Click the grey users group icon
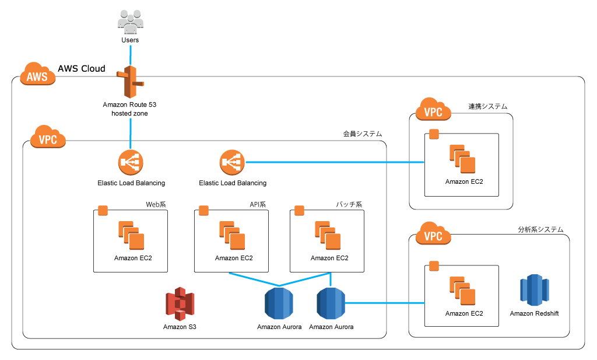point(130,22)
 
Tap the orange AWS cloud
point(37,75)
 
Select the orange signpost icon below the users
point(130,82)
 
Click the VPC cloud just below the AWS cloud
point(48,137)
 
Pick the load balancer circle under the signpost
point(131,162)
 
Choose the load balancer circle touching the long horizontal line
point(232,162)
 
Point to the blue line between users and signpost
point(130,55)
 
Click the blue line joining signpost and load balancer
point(130,133)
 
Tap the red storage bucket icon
point(180,304)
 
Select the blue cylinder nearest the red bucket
point(279,303)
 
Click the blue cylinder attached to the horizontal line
point(331,303)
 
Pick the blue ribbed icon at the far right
point(534,290)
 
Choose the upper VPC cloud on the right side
point(433,110)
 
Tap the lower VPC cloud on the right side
point(433,234)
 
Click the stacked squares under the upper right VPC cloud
point(462,159)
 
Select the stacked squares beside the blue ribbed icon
point(462,291)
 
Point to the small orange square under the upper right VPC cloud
point(434,134)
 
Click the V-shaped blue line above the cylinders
point(280,281)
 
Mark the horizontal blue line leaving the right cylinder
point(385,303)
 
